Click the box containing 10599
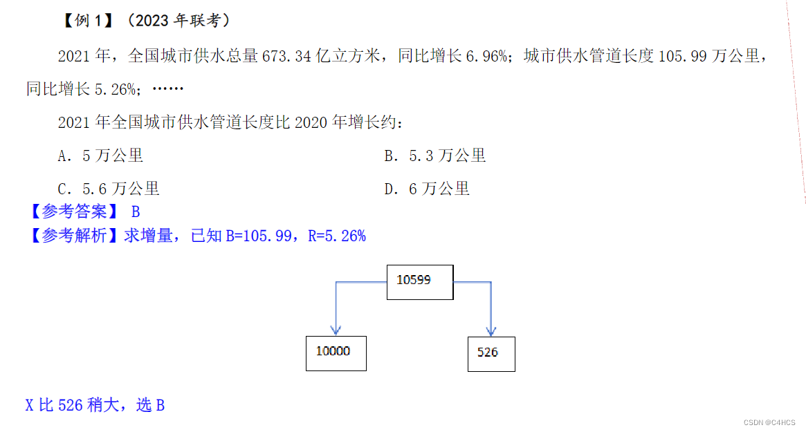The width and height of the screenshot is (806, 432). [420, 282]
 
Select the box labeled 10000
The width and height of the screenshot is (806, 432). [336, 353]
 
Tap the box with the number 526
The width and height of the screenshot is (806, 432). [491, 354]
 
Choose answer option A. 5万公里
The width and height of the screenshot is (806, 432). [100, 156]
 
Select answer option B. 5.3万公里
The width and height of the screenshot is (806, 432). [435, 156]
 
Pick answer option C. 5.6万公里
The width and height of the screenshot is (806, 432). [109, 189]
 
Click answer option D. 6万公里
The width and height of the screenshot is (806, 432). [427, 189]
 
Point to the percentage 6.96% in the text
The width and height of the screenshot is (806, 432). [486, 56]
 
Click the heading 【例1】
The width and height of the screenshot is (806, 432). [87, 21]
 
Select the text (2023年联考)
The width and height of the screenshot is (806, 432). [178, 21]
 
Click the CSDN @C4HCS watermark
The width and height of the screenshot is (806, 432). [769, 422]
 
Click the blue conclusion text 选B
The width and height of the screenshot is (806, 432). [150, 405]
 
